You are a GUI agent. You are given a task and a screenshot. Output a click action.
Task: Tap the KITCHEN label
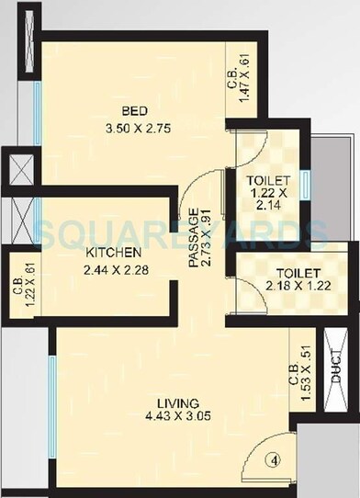(x=113, y=252)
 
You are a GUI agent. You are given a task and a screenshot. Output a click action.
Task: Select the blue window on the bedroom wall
(x=39, y=108)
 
